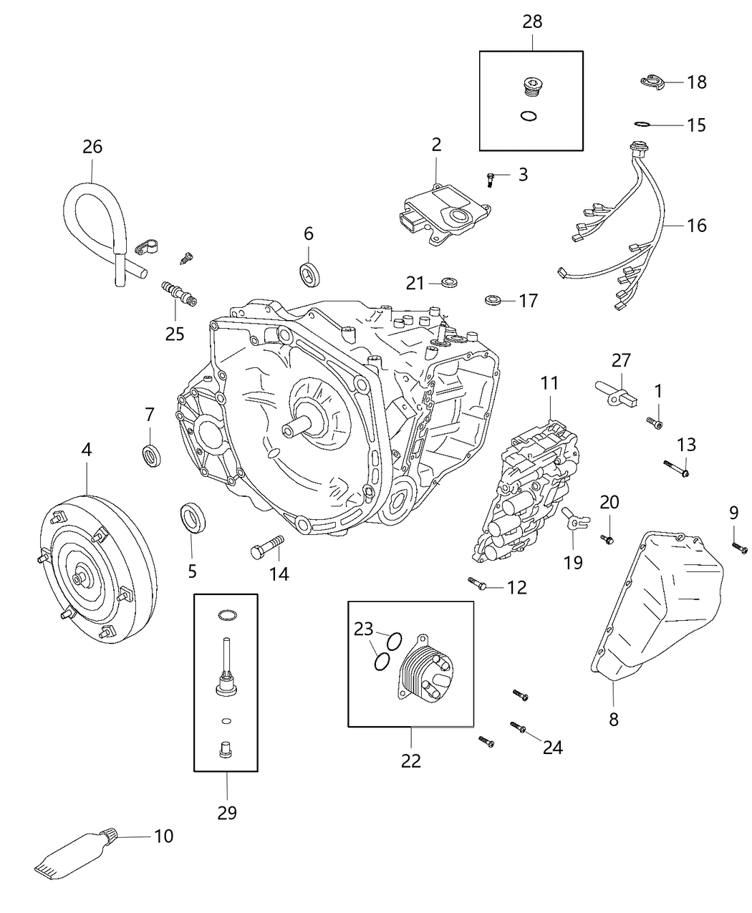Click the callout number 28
(532, 21)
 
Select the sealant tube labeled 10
(72, 856)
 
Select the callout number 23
(364, 629)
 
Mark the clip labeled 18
(652, 82)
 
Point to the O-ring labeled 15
(643, 124)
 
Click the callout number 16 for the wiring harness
(696, 226)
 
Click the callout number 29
(227, 812)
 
